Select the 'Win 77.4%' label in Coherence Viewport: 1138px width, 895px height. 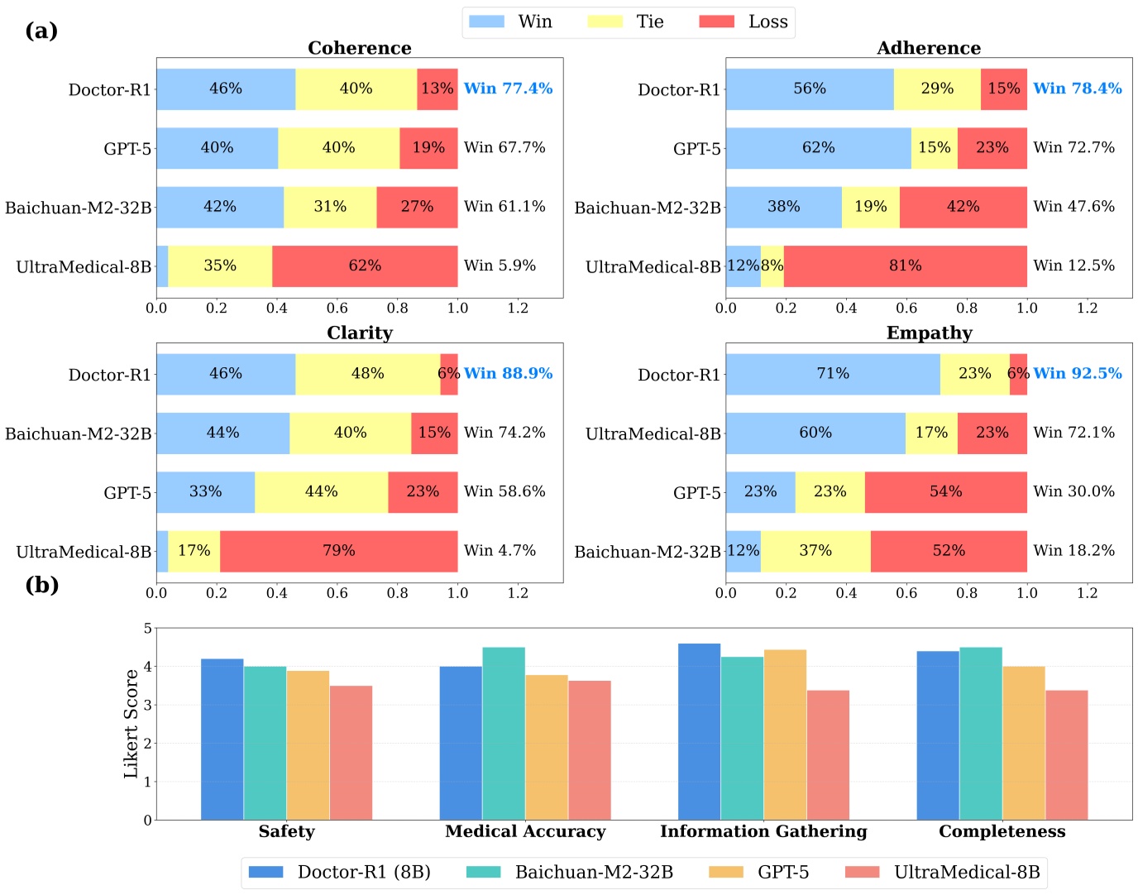click(x=508, y=89)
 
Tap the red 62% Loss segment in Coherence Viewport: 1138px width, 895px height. click(x=365, y=266)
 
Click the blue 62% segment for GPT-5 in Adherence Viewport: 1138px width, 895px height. click(x=818, y=148)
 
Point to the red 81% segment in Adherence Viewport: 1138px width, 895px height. click(x=905, y=266)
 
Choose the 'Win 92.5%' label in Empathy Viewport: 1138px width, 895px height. click(x=1078, y=373)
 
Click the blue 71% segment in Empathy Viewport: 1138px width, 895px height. click(x=833, y=374)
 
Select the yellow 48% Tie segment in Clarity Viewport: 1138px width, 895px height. click(x=367, y=374)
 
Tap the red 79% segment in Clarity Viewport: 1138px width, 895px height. click(x=338, y=551)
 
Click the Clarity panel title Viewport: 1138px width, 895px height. click(x=360, y=333)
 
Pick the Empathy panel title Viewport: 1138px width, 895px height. click(x=929, y=333)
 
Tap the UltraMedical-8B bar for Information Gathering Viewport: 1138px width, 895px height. click(x=828, y=754)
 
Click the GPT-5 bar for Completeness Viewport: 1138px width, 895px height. click(x=1023, y=743)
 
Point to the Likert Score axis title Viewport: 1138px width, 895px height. click(x=131, y=724)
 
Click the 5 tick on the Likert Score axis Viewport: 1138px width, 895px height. click(x=147, y=629)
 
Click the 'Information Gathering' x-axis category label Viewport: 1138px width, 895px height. click(x=763, y=831)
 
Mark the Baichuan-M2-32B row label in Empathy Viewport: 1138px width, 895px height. click(x=648, y=552)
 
